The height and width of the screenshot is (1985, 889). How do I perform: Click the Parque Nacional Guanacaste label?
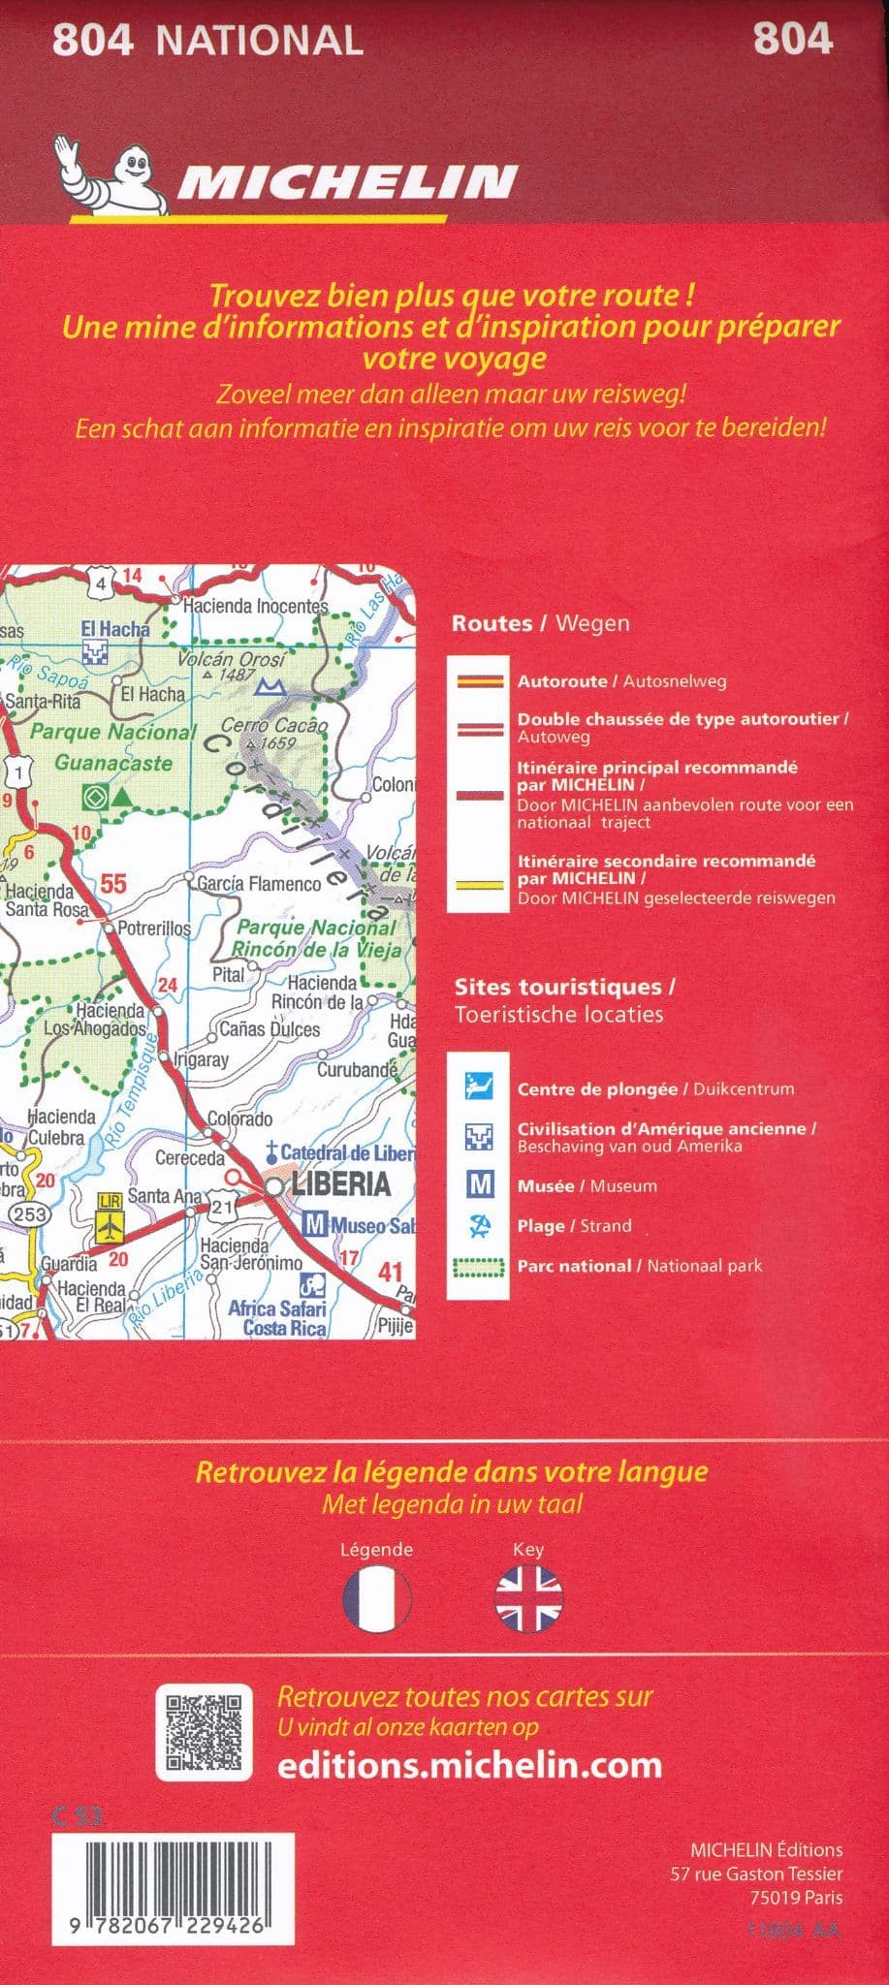click(x=112, y=746)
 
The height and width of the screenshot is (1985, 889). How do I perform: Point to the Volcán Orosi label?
click(x=232, y=660)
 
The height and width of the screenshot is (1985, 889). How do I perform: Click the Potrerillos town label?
click(x=154, y=928)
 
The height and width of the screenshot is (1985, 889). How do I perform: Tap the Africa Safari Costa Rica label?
click(x=277, y=1318)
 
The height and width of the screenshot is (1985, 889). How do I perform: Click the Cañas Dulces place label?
click(x=270, y=1028)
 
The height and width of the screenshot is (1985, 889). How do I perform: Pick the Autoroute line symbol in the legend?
click(x=480, y=681)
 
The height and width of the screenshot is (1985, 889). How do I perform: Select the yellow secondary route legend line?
click(x=480, y=884)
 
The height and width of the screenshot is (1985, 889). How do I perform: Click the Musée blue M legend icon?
click(x=480, y=1184)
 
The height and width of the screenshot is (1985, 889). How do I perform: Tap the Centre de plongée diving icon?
click(x=480, y=1087)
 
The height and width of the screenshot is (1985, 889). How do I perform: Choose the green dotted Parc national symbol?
click(x=480, y=1266)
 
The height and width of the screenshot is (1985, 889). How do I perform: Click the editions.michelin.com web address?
click(x=469, y=1765)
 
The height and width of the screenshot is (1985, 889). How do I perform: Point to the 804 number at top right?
click(x=792, y=40)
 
